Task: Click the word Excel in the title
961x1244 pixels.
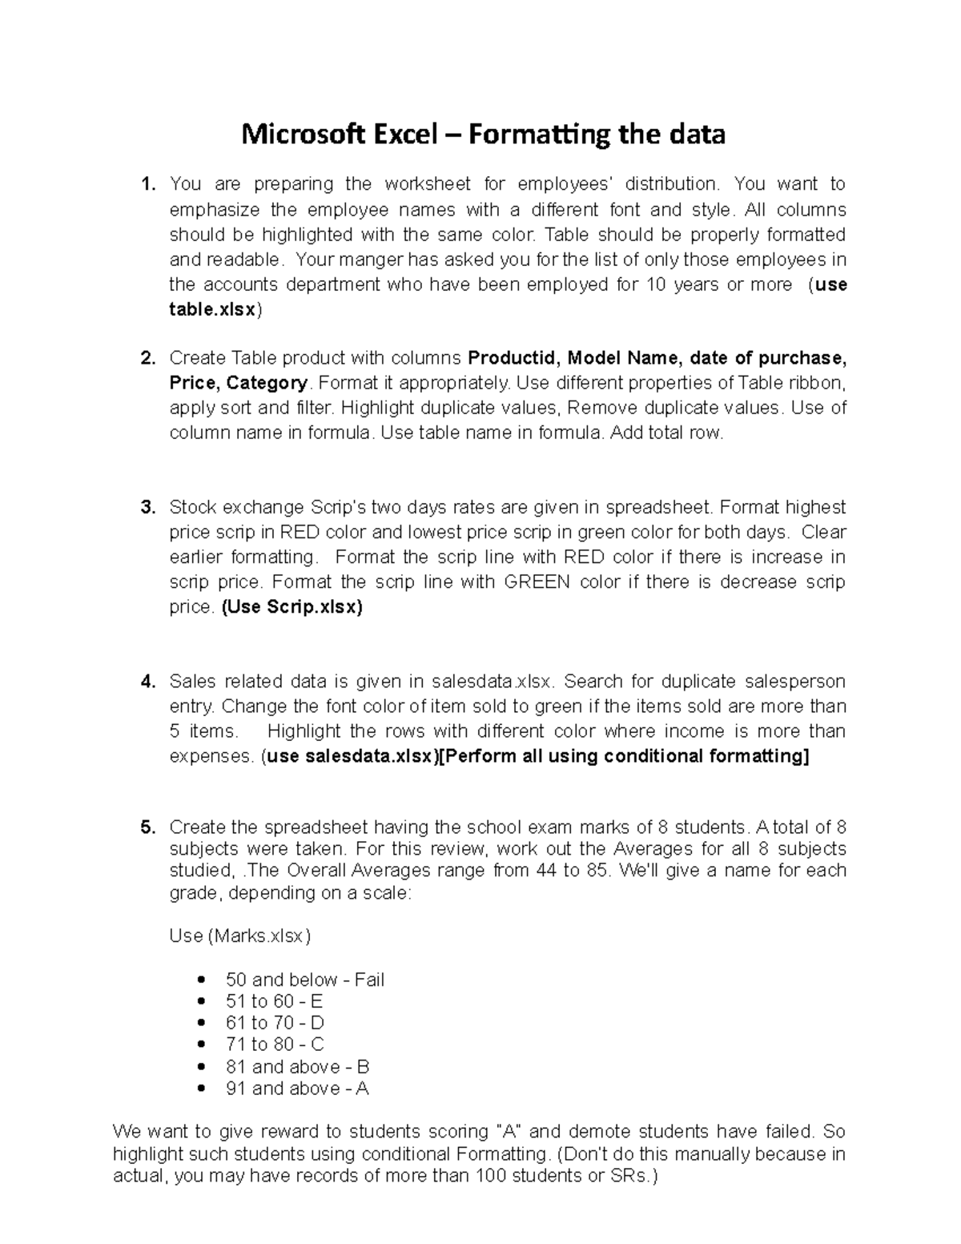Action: pos(403,134)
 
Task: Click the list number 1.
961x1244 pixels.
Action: pos(147,184)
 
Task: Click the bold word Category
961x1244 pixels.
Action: pos(267,383)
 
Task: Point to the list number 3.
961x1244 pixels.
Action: pos(147,508)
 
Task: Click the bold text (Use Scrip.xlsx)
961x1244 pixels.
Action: pos(292,607)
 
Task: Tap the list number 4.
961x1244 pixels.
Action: pos(147,682)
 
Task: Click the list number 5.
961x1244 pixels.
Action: pos(147,827)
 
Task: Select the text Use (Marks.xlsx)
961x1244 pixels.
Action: pos(240,936)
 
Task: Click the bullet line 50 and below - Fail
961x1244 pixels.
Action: pos(305,980)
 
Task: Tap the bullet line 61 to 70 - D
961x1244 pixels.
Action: pos(275,1023)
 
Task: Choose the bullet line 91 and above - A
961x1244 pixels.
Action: pos(297,1089)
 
